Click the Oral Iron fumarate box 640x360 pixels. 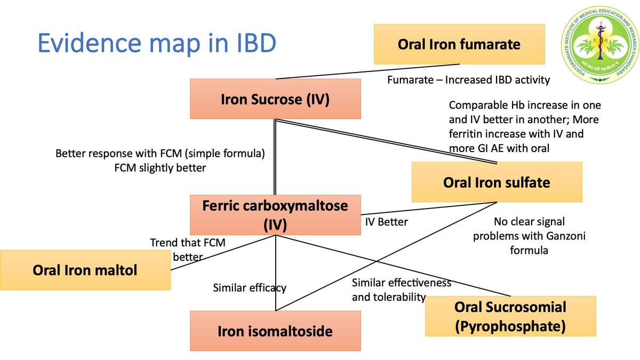point(459,44)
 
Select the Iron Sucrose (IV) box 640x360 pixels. point(275,99)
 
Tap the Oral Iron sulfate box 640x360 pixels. point(497,182)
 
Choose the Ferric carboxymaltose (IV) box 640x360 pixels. point(275,214)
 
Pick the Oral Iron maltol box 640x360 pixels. point(85,270)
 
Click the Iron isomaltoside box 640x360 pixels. point(275,331)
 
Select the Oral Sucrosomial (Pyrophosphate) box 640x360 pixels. point(510,316)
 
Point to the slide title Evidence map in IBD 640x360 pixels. point(157,44)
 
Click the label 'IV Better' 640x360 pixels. point(386,222)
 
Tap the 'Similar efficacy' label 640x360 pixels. point(249,288)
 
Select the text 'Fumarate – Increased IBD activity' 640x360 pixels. point(468,80)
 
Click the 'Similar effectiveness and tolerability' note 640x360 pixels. point(401,290)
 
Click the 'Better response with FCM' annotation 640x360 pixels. point(161,161)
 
